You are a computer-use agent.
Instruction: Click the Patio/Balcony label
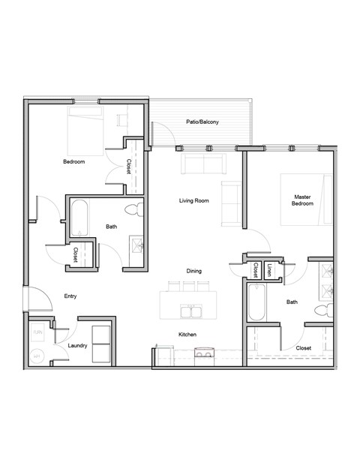(x=202, y=122)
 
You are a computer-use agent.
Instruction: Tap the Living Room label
(x=193, y=200)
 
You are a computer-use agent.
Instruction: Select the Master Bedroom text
(x=302, y=200)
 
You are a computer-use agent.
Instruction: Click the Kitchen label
(x=187, y=335)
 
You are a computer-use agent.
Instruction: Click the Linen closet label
(x=268, y=269)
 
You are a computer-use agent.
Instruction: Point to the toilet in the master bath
(x=323, y=310)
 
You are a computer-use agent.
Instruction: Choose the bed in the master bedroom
(x=305, y=199)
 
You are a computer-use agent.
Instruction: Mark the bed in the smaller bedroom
(x=88, y=131)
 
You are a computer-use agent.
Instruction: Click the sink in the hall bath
(x=137, y=245)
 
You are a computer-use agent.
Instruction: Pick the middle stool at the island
(x=187, y=286)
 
